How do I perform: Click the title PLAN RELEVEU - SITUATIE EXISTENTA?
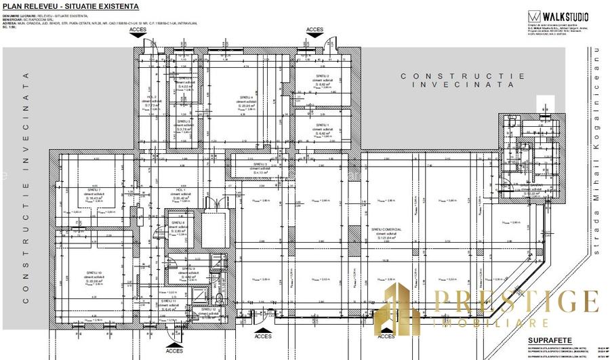tap(71, 6)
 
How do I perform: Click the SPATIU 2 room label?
tap(321, 76)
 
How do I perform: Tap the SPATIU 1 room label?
tap(321, 125)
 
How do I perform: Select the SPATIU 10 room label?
tap(94, 273)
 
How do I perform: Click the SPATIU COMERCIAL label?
tap(386, 230)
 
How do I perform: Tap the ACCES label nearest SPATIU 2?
tap(314, 30)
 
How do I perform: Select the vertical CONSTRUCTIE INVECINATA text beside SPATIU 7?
tap(27, 190)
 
